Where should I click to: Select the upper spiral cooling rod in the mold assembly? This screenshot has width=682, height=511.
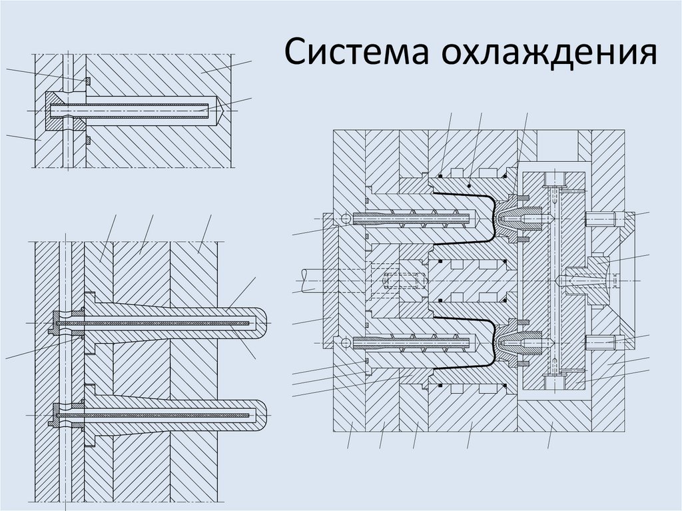(416, 218)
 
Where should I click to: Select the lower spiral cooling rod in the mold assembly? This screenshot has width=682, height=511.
(416, 343)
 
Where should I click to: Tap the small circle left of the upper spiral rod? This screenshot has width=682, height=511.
(344, 218)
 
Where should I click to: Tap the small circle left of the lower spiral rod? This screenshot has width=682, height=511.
(344, 343)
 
